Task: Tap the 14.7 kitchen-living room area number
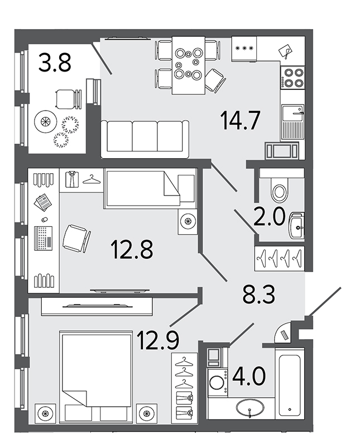coord(241,120)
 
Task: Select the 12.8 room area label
coord(132,249)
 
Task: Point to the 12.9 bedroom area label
coord(158,339)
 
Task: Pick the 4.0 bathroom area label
coord(249,376)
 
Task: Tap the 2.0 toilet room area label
coord(269,216)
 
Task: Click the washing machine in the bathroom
coord(218,382)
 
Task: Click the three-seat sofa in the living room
coord(145,139)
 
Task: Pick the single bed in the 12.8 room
coord(150,188)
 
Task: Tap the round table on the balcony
coord(46,121)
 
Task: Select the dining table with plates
coord(188,65)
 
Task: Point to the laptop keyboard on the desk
coord(44,239)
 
